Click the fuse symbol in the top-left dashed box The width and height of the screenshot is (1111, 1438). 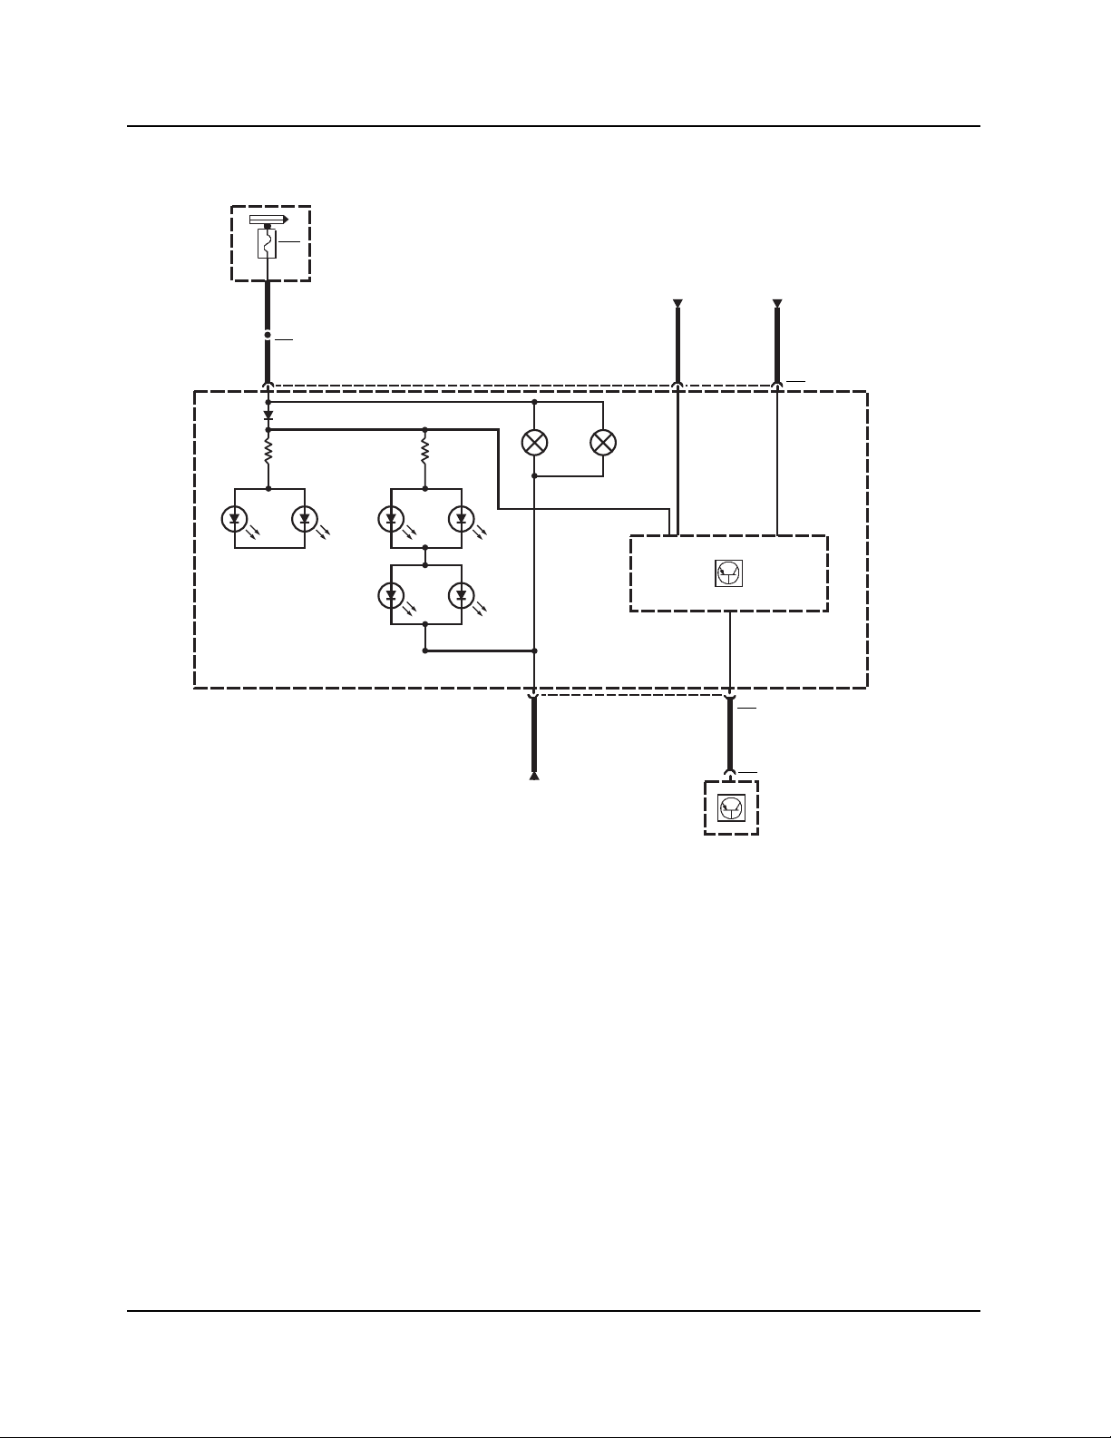tap(267, 243)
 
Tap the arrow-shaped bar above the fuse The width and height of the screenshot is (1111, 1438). tap(268, 220)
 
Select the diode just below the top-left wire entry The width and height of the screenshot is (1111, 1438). tap(268, 415)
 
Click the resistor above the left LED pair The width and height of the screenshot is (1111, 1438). tap(268, 449)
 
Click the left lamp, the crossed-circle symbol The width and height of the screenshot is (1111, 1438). tap(535, 443)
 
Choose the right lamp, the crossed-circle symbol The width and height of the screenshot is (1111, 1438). tap(603, 443)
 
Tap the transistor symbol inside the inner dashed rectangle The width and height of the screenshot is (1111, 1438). tap(729, 572)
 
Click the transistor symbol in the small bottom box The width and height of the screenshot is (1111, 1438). tap(731, 807)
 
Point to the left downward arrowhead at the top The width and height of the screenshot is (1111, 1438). tap(677, 303)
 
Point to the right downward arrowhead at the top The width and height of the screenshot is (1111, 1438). tap(777, 303)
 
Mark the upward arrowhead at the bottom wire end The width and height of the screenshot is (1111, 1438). tap(534, 776)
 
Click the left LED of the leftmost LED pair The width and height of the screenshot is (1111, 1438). tap(235, 519)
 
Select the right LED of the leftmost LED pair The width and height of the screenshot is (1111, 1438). tap(304, 519)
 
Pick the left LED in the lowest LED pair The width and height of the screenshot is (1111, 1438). tap(391, 595)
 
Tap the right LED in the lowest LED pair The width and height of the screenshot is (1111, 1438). tap(461, 595)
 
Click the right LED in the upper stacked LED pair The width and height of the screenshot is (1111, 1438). tap(461, 519)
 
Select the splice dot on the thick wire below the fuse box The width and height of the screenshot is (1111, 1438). tap(268, 335)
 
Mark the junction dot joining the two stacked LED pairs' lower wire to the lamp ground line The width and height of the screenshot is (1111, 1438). tap(534, 651)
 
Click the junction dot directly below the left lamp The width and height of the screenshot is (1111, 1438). tap(534, 475)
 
